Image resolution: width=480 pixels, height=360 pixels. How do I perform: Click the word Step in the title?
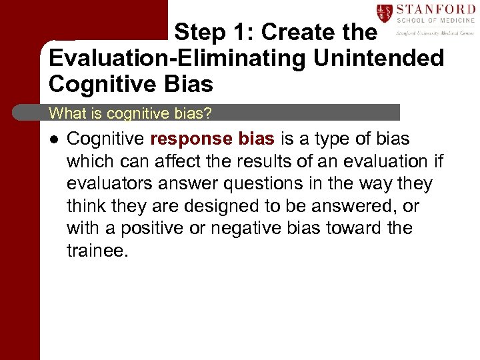pos(198,32)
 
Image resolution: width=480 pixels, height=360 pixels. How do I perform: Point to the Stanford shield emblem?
pos(384,13)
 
